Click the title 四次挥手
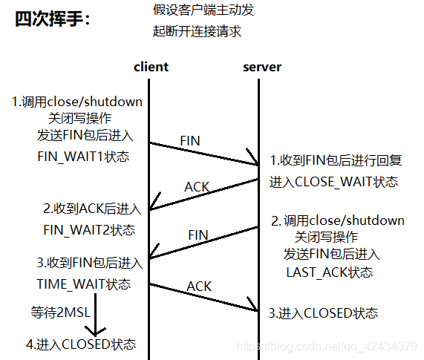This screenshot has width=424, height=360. (51, 19)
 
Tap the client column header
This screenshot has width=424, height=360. (151, 67)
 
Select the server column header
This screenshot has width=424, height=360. (262, 67)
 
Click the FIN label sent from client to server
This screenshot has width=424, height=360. (190, 140)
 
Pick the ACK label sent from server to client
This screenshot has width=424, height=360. (197, 187)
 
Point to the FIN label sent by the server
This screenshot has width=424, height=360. (198, 235)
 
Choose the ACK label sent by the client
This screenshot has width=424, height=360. (199, 286)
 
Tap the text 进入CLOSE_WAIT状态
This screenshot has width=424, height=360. (334, 182)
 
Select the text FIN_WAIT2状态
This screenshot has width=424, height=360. (89, 229)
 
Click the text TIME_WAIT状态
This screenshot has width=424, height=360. (83, 284)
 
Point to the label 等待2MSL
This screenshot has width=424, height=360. (60, 312)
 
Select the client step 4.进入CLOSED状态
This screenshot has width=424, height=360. (81, 344)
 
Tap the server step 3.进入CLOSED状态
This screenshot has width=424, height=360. (323, 312)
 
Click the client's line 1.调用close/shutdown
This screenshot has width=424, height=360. (76, 101)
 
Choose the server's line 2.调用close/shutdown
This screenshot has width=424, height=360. (337, 220)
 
